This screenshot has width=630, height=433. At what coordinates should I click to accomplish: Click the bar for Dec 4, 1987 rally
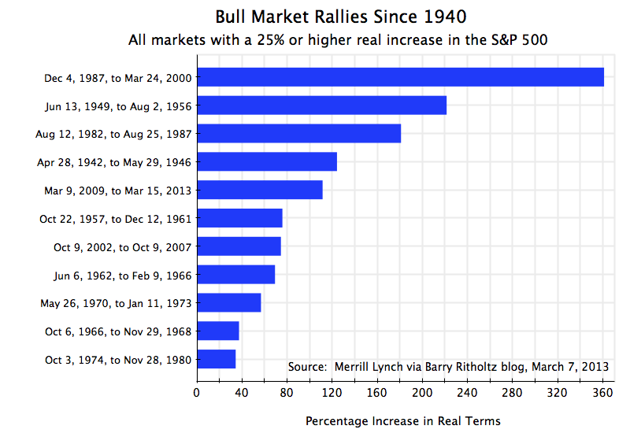pyautogui.click(x=400, y=77)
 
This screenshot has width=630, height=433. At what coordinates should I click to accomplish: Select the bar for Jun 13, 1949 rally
pyautogui.click(x=321, y=105)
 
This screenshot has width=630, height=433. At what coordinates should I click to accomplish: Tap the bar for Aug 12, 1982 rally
pyautogui.click(x=298, y=134)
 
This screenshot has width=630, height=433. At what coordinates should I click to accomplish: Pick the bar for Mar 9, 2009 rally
pyautogui.click(x=259, y=190)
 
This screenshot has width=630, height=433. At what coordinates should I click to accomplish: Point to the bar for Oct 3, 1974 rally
pyautogui.click(x=216, y=359)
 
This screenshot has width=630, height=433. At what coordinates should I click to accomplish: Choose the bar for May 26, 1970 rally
pyautogui.click(x=228, y=302)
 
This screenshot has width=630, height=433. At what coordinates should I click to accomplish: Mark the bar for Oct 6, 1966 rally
pyautogui.click(x=217, y=331)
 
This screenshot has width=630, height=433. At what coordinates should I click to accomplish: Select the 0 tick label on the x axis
pyautogui.click(x=197, y=391)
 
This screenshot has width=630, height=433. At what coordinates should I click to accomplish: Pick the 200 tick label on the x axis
pyautogui.click(x=422, y=391)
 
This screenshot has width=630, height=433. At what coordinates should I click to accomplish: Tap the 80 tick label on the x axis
pyautogui.click(x=287, y=391)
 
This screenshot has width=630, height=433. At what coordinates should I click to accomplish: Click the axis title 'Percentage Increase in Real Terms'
pyautogui.click(x=402, y=420)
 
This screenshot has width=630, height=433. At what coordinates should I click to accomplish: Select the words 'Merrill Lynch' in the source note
pyautogui.click(x=369, y=366)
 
